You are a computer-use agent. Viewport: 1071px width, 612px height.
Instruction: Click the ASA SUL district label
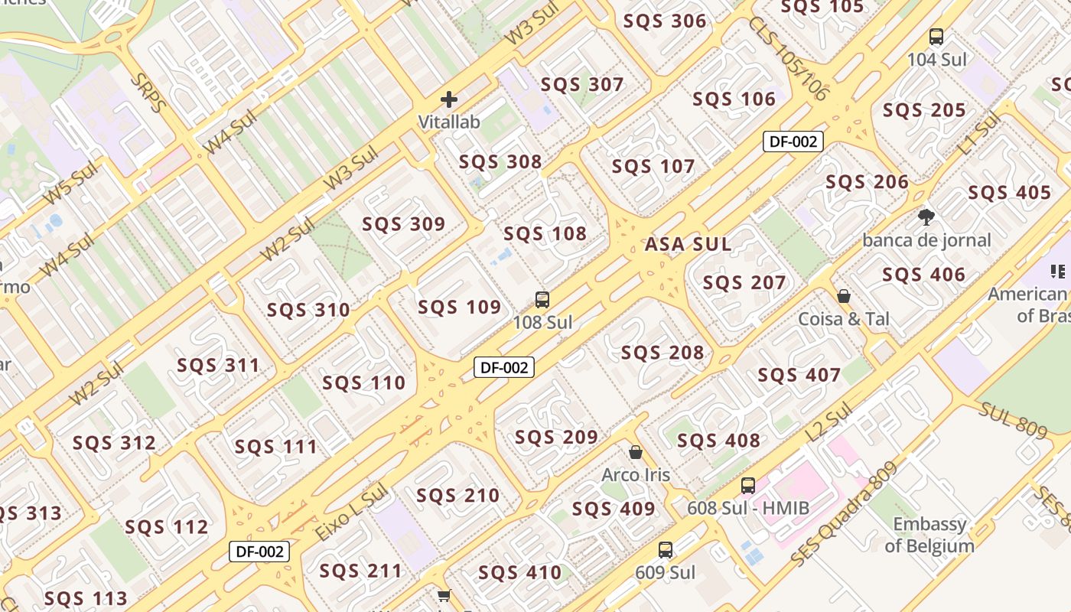point(688,245)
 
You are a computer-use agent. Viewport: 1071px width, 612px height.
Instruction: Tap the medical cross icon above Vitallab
point(449,99)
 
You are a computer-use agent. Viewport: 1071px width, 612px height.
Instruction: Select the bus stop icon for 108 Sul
point(542,300)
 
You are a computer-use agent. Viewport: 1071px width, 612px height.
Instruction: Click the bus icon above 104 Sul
point(936,37)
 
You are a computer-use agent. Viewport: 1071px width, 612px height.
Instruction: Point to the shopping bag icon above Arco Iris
point(635,453)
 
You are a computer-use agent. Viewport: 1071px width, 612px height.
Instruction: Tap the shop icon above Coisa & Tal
point(844,296)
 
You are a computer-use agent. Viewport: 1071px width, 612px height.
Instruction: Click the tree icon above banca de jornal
point(926,218)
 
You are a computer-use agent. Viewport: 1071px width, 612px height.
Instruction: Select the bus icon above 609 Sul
point(666,550)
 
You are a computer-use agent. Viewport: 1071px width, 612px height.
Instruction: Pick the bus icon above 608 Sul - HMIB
point(747,486)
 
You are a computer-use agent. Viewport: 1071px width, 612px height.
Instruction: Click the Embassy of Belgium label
point(929,535)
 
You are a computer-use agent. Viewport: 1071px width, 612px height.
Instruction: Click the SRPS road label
point(148,93)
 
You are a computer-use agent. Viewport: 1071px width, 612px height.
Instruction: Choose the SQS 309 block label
point(403,224)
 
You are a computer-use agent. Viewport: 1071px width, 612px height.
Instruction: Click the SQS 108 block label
point(545,233)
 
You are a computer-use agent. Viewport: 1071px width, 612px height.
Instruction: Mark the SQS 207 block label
point(744,283)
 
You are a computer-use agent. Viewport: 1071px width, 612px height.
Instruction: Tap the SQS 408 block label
point(718,441)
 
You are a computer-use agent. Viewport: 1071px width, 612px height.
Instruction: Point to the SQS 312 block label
point(114,443)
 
